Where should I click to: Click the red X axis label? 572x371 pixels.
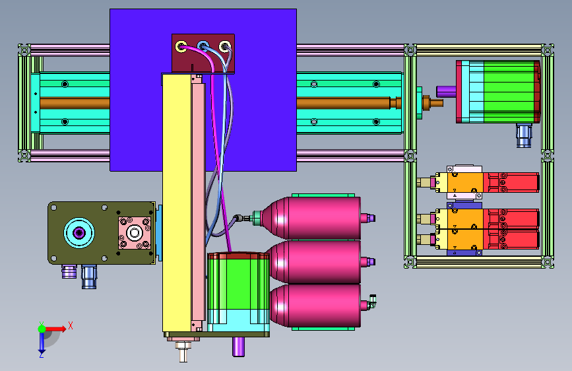pos(71,325)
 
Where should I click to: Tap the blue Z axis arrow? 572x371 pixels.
pos(42,342)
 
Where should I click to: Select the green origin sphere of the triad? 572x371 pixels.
pos(42,329)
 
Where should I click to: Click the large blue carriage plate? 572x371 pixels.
pos(203,90)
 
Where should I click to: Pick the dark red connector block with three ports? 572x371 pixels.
pos(203,53)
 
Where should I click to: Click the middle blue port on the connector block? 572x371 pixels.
pos(203,46)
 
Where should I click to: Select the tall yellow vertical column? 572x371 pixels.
pos(177,203)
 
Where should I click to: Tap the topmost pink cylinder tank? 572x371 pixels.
pos(312,218)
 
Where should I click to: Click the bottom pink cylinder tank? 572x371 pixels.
pos(315,306)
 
